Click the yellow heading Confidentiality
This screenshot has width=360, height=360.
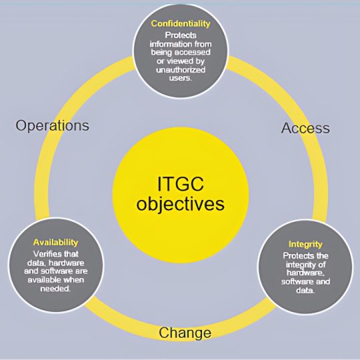pos(181,24)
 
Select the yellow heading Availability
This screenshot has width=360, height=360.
pos(56,243)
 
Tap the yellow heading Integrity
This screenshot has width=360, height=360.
pos(305,245)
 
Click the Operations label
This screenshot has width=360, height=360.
pos(53,126)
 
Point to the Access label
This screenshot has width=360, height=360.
pos(305,128)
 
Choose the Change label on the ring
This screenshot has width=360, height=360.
pos(185,333)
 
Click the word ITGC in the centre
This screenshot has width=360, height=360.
pos(181,184)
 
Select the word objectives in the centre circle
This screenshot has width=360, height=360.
pos(181,203)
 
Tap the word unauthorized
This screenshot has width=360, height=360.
pos(181,69)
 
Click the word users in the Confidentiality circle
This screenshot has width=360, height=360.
pos(181,78)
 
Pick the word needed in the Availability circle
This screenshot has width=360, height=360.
pos(55,289)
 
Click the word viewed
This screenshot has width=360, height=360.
pos(179,61)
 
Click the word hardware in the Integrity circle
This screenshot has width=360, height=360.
pos(305,273)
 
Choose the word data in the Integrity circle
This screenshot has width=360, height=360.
pos(305,290)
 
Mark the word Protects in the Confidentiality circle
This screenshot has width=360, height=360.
pos(181,35)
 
